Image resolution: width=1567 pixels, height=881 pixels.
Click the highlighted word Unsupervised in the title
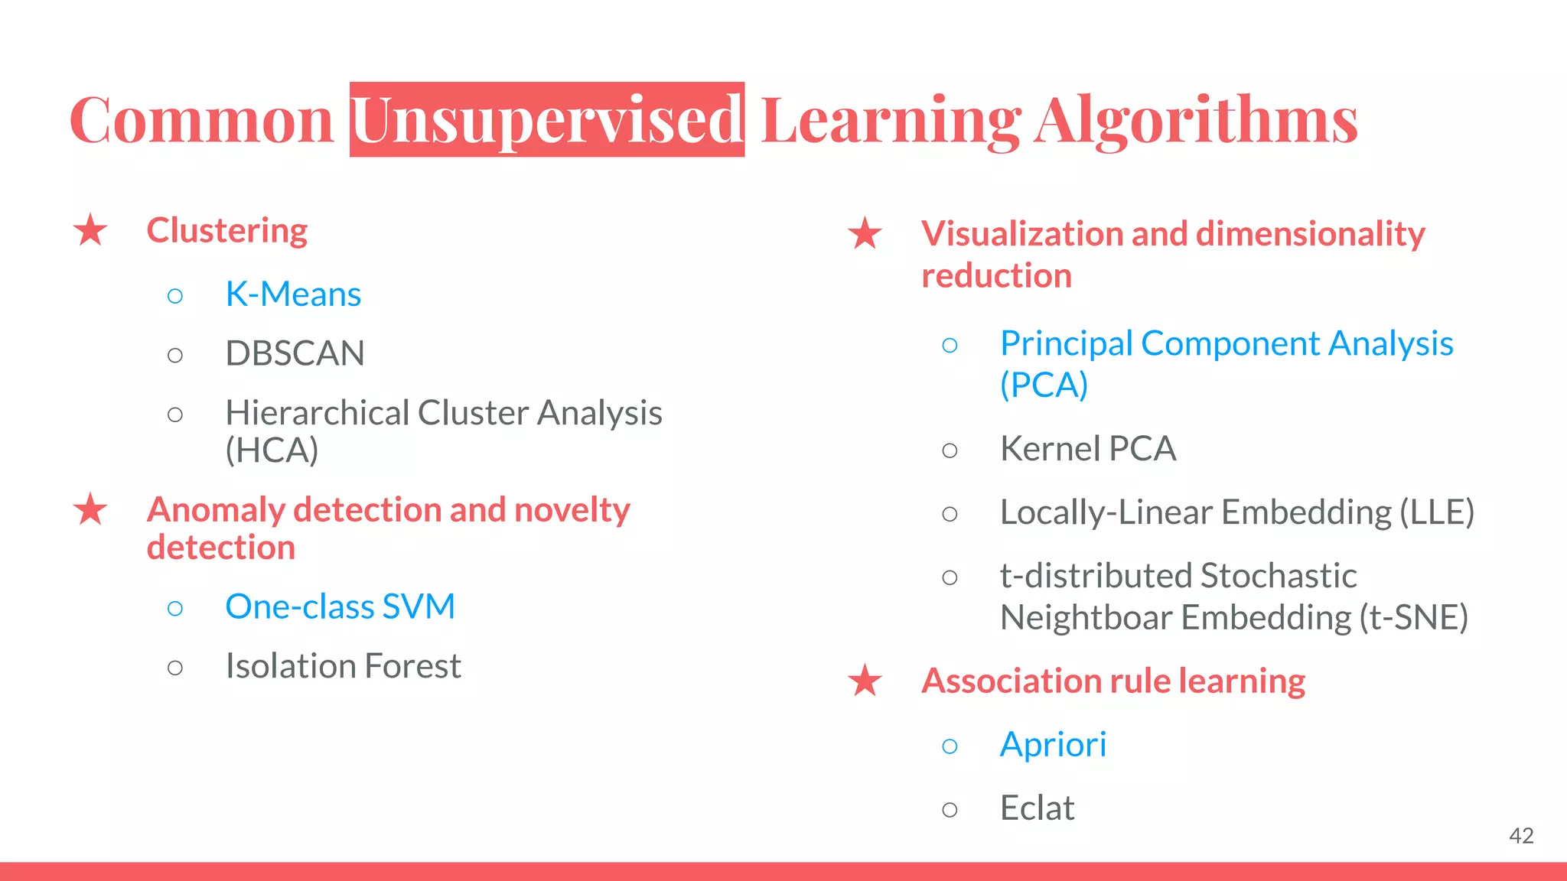pos(546,120)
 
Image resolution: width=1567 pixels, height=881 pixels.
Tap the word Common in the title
pos(202,120)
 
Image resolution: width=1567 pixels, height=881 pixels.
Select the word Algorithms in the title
pos(1196,120)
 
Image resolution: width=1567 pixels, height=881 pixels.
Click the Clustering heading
pos(226,230)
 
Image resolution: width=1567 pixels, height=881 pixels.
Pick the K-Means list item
pos(293,294)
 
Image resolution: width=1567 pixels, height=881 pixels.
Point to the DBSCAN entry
pos(295,353)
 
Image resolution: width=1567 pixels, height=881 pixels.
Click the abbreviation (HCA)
pos(272,450)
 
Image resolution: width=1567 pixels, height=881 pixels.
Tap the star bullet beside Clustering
pos(90,230)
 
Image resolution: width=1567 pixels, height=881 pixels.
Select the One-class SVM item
pos(340,606)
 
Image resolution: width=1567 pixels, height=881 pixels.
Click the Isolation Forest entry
pos(343,666)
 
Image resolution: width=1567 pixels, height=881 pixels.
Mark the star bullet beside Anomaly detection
pos(90,510)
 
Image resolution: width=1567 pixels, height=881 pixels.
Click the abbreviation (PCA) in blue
pos(1044,385)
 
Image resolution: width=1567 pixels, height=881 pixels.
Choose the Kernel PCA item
pos(1087,449)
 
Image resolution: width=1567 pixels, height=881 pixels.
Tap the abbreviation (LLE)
pos(1436,512)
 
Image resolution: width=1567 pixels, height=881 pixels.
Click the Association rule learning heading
pos(1113,681)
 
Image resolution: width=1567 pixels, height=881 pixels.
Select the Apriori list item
pos(1053,745)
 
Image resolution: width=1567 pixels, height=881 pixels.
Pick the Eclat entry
pos(1037,808)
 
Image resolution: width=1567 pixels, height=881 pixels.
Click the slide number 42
pos(1521,836)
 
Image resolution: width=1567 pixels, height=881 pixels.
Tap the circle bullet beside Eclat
pos(950,810)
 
